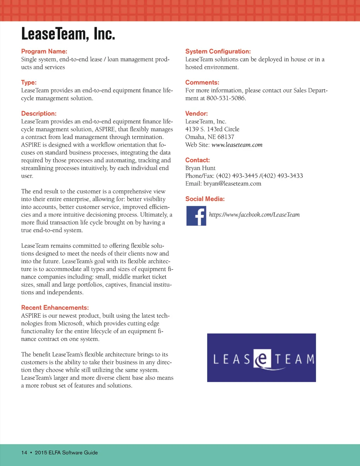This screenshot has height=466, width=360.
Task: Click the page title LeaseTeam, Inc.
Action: click(x=68, y=34)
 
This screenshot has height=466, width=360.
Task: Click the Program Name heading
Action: click(x=44, y=51)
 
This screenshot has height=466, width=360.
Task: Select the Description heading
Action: click(x=39, y=114)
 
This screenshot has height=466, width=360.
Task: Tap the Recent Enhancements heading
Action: click(x=55, y=308)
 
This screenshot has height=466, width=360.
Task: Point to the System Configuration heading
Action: click(x=218, y=51)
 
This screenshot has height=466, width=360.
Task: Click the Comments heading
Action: click(x=202, y=83)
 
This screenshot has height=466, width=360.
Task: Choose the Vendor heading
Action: click(x=197, y=114)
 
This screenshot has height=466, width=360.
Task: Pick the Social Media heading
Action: click(x=205, y=199)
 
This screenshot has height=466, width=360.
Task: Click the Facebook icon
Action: click(x=196, y=216)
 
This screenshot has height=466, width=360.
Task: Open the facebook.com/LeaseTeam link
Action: click(x=254, y=215)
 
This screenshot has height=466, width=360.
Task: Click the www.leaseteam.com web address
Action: click(x=237, y=145)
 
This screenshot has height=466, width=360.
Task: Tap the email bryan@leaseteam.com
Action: click(x=232, y=184)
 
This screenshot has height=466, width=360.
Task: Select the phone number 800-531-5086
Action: click(x=226, y=98)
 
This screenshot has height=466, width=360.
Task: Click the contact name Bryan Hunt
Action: click(x=200, y=168)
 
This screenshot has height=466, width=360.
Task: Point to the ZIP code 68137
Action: click(x=226, y=137)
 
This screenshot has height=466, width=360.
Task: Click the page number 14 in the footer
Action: click(x=24, y=453)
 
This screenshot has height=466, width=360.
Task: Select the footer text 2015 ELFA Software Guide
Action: click(x=66, y=453)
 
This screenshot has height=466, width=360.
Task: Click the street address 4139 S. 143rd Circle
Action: click(x=212, y=129)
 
